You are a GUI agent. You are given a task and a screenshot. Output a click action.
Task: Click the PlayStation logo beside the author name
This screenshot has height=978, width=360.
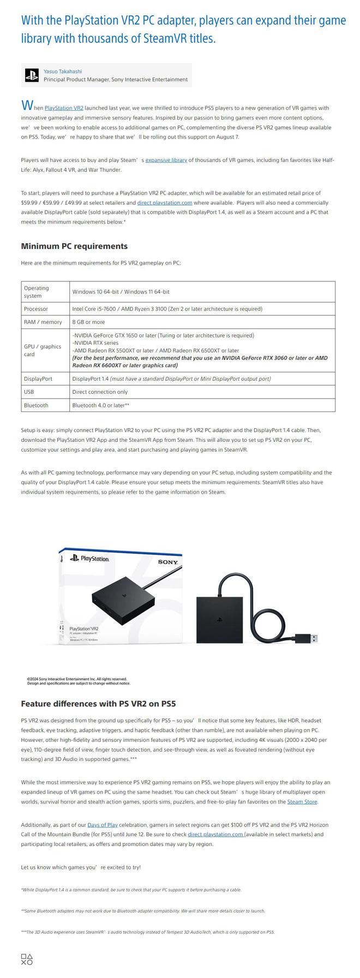32,75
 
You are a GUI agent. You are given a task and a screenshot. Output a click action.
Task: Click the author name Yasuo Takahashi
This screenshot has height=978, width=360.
63,71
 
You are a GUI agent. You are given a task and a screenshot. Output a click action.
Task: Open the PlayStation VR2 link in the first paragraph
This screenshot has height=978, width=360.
64,108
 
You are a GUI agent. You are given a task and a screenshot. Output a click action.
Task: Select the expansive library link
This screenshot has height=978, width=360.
166,160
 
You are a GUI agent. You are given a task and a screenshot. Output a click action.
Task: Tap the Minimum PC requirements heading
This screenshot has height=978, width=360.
74,246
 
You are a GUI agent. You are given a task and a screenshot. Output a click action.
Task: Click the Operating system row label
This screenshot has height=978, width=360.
37,292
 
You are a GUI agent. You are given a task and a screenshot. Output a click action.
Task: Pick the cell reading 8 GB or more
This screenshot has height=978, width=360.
88,322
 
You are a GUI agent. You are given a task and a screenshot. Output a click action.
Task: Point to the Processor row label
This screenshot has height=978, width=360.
36,309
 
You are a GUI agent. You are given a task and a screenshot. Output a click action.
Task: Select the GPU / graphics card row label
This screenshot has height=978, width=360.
43,350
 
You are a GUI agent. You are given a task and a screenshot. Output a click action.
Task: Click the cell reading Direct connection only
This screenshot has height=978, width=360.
100,392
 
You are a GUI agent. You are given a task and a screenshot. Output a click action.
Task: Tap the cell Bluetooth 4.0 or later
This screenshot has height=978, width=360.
100,405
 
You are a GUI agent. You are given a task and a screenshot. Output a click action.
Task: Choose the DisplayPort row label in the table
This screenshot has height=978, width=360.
38,379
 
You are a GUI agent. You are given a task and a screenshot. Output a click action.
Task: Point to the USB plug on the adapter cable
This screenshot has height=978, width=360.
307,638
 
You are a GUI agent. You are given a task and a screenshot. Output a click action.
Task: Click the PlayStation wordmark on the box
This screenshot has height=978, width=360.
94,559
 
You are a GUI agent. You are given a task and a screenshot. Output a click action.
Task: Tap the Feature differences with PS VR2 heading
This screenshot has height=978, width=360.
98,704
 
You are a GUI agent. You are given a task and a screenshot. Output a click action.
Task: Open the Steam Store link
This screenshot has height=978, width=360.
302,802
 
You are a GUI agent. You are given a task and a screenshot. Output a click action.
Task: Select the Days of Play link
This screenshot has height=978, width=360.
103,825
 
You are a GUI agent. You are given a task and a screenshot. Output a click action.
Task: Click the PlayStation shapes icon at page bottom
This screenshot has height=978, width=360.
27,959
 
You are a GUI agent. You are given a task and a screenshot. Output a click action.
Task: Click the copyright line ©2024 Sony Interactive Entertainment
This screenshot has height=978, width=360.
77,679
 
